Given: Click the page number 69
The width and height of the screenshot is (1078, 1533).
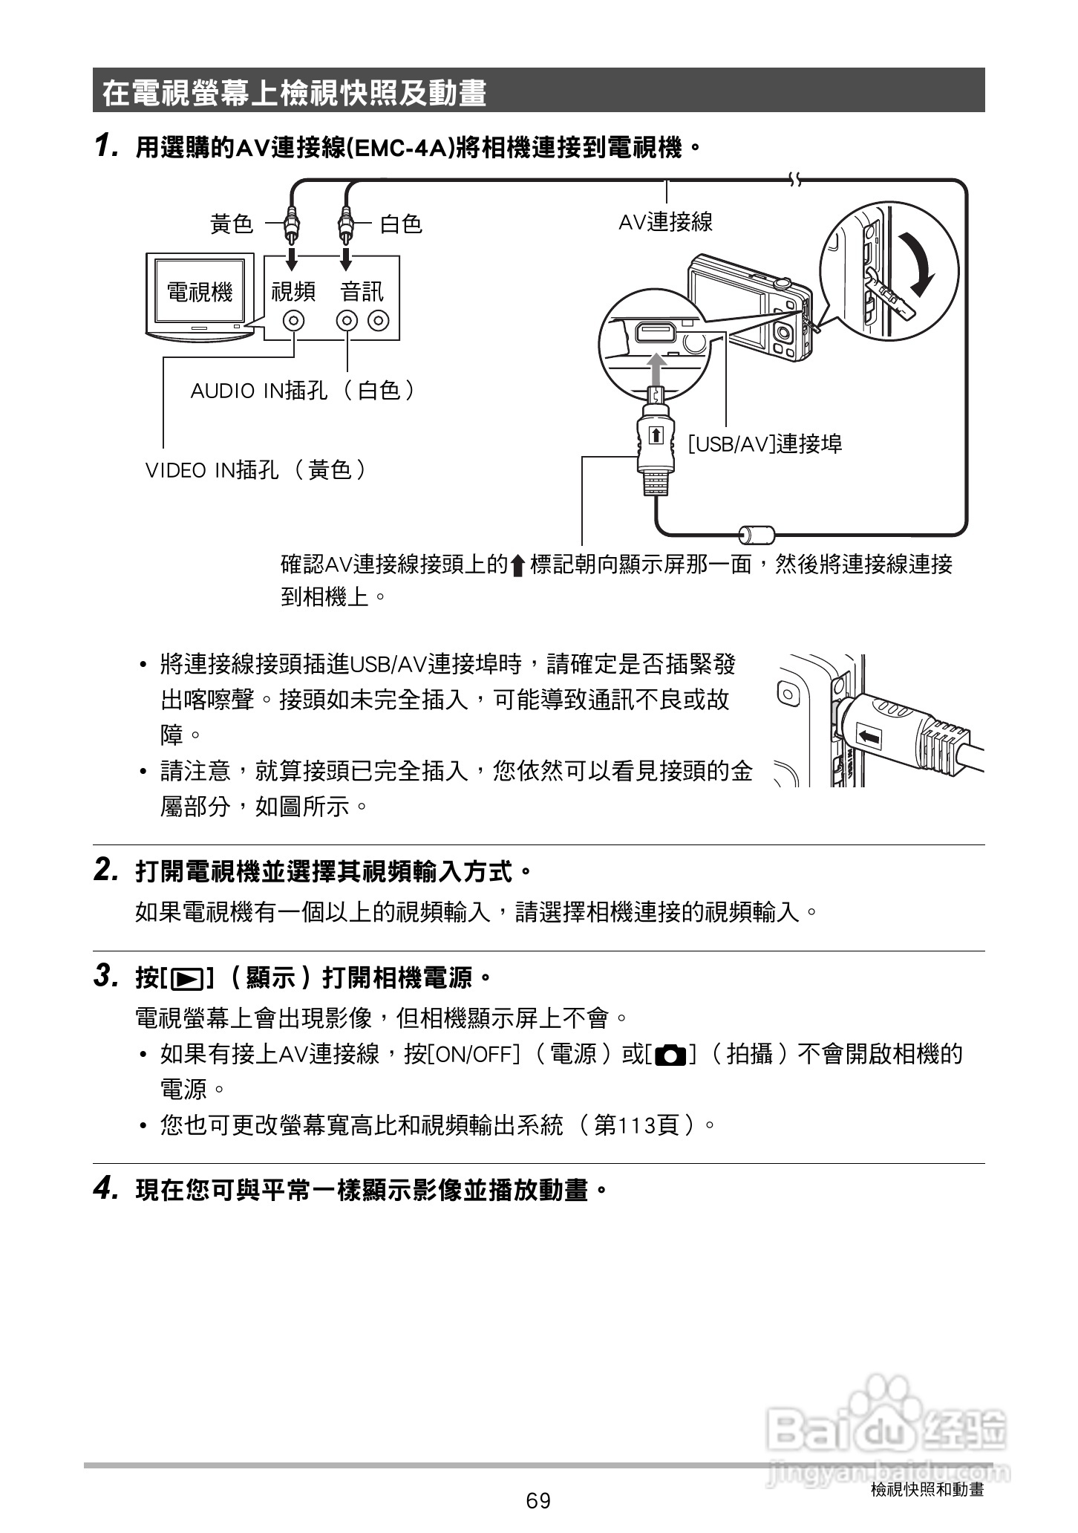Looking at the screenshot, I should pos(538,1500).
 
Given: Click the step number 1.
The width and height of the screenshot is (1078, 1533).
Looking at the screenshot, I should pos(105,146).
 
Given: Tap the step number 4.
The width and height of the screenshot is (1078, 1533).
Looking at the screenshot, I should pos(105,1190).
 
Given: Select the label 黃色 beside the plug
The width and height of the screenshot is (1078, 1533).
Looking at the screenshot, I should pos(232,224).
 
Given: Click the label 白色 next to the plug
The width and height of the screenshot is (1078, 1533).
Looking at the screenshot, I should pos(401,224).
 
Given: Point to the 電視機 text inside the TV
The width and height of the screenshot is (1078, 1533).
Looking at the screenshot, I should pos(200,292).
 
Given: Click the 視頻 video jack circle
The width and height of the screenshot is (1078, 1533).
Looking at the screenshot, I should pos(294,321).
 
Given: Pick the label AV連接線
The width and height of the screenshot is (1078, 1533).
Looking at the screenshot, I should pos(665,221).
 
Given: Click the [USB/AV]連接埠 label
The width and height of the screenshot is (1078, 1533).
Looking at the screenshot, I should pos(765,444).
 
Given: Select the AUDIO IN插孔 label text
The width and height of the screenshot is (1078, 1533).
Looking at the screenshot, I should pos(259,391).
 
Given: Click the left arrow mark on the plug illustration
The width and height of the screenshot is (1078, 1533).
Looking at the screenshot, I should pos(871,738).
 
